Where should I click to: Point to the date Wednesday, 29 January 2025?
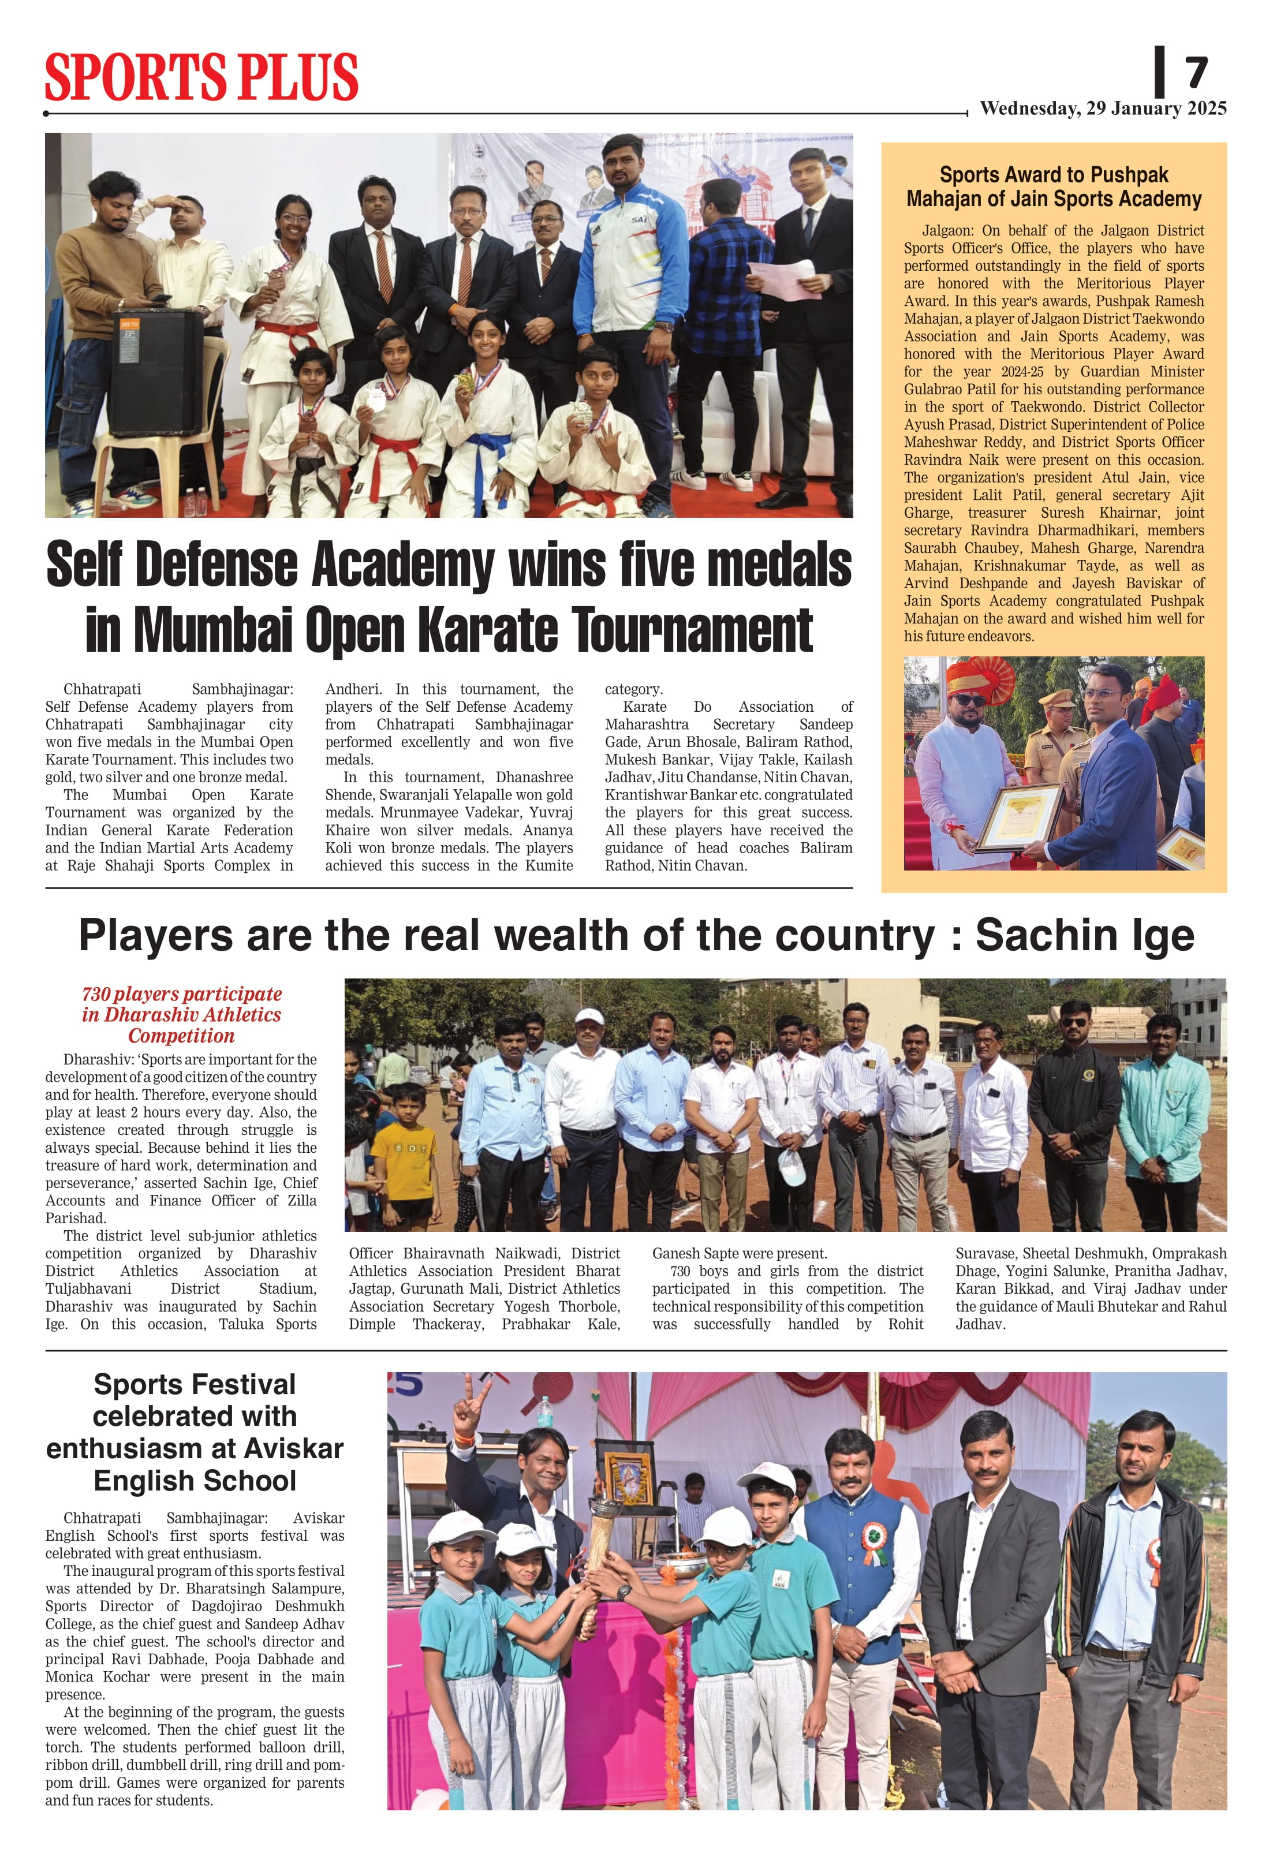[1103, 109]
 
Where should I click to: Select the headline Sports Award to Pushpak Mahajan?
[1054, 187]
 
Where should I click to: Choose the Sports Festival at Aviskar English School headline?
[195, 1432]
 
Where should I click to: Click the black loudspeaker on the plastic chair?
[156, 371]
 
